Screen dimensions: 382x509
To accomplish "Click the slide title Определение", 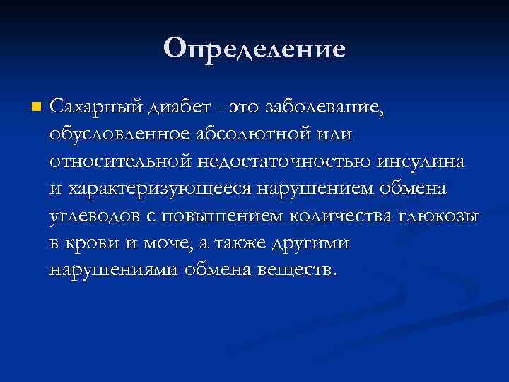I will [x=255, y=49].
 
